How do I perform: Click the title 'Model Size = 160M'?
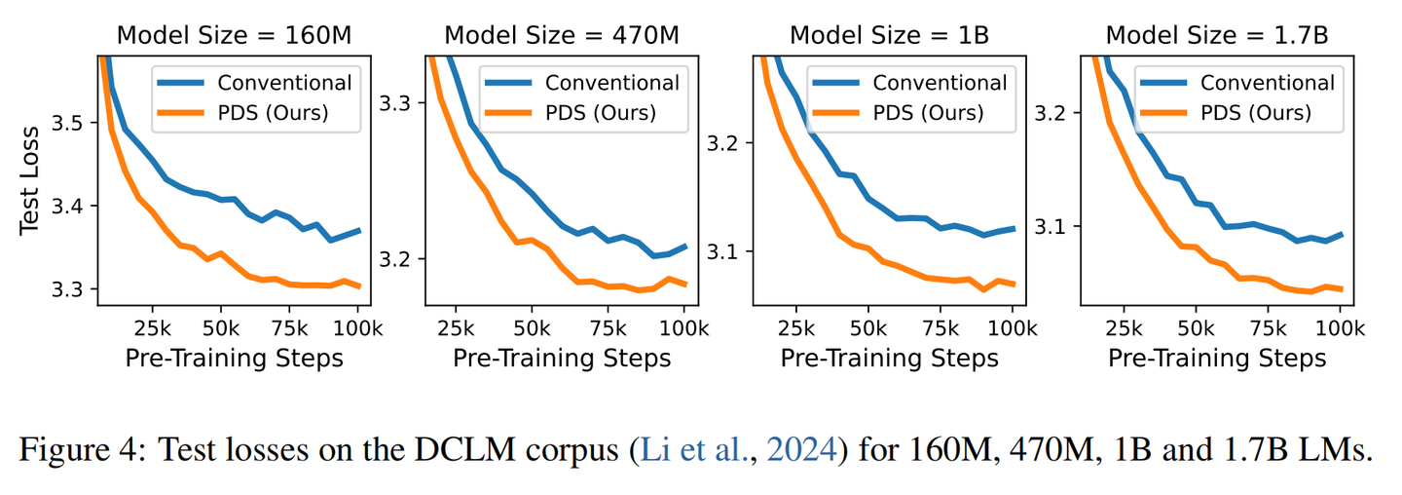234,35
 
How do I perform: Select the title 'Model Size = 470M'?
562,35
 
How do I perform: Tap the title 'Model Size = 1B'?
889,35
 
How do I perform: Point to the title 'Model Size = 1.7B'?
1217,35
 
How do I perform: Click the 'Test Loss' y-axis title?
30,179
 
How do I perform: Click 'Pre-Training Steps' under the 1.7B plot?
1217,358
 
